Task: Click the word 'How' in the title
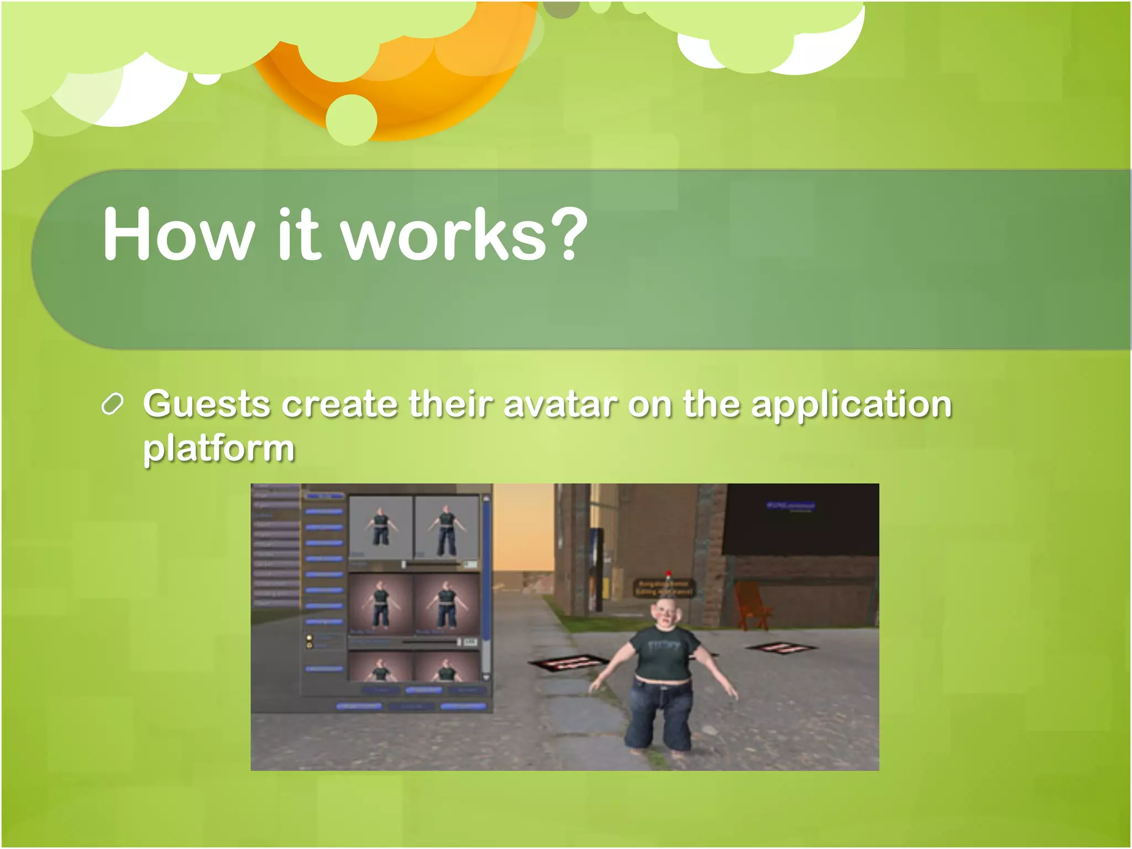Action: pyautogui.click(x=178, y=234)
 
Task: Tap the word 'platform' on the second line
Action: pyautogui.click(x=219, y=449)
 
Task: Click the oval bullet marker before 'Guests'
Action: pyautogui.click(x=112, y=405)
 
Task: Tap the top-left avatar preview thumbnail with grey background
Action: pyautogui.click(x=380, y=527)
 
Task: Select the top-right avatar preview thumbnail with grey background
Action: pyautogui.click(x=446, y=527)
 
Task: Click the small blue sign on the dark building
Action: pyautogui.click(x=790, y=505)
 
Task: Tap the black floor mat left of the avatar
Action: pyautogui.click(x=568, y=662)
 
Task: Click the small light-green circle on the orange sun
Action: pyautogui.click(x=352, y=119)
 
